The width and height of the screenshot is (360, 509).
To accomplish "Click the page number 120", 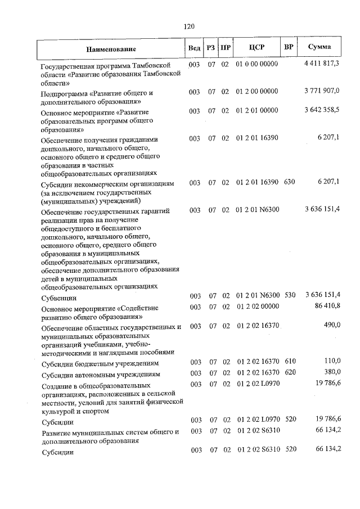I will click(188, 26).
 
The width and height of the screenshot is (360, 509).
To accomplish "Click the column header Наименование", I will click(111, 49).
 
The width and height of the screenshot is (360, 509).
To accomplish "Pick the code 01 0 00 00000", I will click(258, 65).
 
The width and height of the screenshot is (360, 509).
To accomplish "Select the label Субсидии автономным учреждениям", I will click(96, 374).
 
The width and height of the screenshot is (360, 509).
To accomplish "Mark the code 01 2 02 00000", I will click(258, 307).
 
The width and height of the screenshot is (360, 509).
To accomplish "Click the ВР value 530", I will click(290, 295).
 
